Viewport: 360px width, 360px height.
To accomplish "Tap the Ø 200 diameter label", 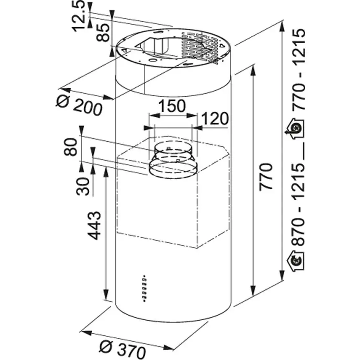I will [x=80, y=105].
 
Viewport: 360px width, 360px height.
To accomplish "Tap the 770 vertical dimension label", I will [x=266, y=177].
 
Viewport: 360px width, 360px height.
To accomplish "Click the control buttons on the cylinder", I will [x=144, y=288].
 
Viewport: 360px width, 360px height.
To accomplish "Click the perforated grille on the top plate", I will [x=200, y=46].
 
